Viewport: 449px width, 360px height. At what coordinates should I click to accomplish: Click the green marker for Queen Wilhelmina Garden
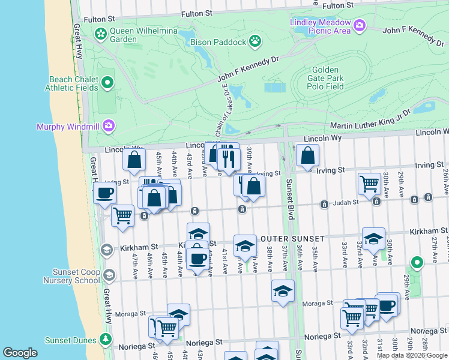[x=100, y=35]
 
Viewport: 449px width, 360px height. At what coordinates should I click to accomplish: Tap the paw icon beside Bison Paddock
[x=256, y=42]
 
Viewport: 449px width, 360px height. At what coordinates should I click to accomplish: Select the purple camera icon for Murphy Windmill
[x=109, y=125]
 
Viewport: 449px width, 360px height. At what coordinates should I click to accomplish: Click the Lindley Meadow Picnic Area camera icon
[x=360, y=25]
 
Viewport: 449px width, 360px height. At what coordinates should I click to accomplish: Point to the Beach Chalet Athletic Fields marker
[x=108, y=82]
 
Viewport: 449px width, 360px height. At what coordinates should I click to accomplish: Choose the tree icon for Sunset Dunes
[x=106, y=340]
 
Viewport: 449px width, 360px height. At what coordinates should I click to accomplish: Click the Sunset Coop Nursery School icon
[x=109, y=275]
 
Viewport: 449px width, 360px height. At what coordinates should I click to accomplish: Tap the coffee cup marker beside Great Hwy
[x=105, y=193]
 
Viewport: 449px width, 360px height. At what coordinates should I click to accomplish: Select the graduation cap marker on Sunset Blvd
[x=283, y=291]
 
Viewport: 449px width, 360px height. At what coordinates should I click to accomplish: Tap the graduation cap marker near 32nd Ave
[x=373, y=239]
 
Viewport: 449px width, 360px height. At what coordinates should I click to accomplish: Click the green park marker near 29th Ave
[x=416, y=262]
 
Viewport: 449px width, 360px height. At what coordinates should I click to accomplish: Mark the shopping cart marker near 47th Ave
[x=123, y=214]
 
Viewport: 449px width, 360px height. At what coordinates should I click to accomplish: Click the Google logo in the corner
[x=20, y=352]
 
